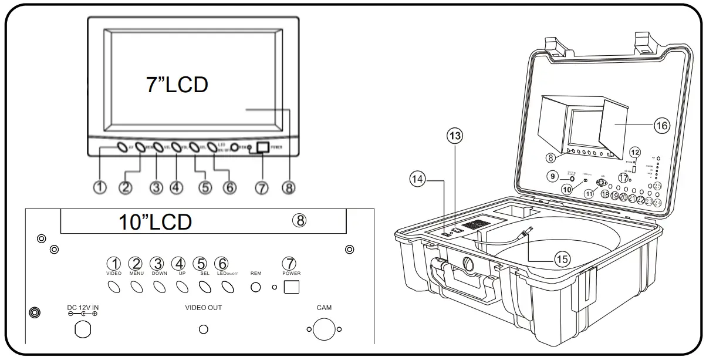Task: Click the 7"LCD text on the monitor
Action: (177, 85)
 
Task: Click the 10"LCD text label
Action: (155, 222)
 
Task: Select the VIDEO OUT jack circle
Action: (204, 329)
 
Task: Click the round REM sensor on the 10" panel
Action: (256, 287)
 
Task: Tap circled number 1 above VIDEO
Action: (114, 264)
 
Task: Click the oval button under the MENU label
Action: (137, 287)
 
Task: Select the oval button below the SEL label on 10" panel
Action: (205, 287)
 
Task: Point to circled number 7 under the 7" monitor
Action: (261, 187)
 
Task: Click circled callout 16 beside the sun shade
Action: (660, 125)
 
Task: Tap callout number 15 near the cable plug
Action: (562, 259)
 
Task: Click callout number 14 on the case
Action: (417, 180)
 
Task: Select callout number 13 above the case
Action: (454, 136)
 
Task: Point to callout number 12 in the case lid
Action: (634, 152)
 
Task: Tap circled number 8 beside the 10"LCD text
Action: (299, 220)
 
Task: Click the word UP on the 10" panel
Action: (181, 274)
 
